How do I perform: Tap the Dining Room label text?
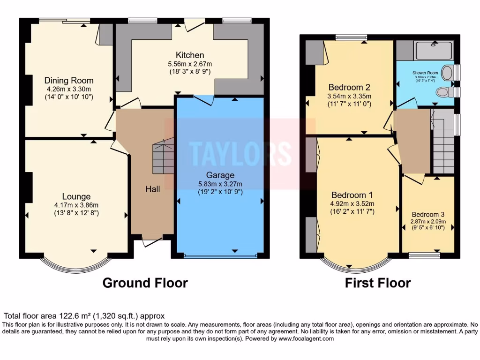tap(69, 80)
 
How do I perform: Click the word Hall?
tap(152, 189)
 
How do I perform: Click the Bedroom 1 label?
tap(352, 195)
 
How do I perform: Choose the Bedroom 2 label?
tap(349, 87)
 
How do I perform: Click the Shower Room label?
tap(425, 73)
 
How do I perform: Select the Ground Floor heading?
tap(145, 283)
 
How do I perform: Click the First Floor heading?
tap(378, 283)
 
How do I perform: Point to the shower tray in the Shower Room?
tap(434, 50)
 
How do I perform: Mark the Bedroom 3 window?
tap(424, 255)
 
